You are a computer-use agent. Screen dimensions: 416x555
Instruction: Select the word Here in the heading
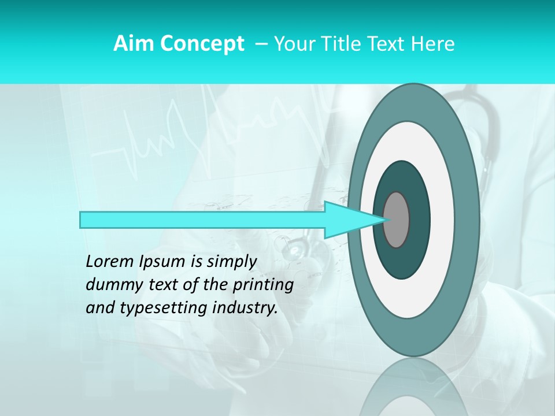tap(433, 43)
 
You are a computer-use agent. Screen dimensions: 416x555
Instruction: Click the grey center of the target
tap(397, 220)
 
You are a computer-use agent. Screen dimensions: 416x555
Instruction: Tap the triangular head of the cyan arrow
tap(347, 220)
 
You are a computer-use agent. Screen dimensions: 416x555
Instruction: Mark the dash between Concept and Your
tap(260, 43)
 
